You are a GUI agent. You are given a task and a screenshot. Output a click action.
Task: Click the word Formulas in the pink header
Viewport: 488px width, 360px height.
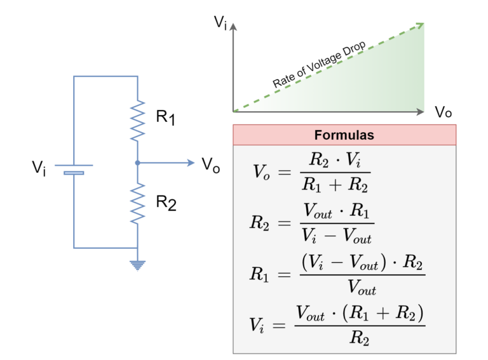coord(344,135)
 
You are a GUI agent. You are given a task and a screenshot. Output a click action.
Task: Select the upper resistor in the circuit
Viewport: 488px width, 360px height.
coord(137,121)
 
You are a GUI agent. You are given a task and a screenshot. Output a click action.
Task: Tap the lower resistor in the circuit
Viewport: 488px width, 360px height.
coord(137,203)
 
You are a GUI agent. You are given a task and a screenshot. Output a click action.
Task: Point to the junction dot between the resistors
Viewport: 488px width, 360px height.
coord(137,163)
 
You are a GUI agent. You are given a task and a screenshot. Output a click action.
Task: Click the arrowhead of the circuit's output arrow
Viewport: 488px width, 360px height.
coord(191,163)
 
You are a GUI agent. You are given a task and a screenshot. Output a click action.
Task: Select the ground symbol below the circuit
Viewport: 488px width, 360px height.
coord(137,265)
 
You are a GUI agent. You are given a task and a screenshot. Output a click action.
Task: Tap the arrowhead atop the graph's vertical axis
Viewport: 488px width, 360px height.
coord(233,27)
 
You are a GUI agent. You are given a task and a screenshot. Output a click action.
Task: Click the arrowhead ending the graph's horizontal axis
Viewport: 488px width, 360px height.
coord(420,112)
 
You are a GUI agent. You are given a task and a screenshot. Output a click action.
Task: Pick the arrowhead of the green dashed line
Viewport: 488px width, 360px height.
coord(419,25)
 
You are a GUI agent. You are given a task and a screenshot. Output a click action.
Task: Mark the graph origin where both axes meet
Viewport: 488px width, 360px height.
coord(234,112)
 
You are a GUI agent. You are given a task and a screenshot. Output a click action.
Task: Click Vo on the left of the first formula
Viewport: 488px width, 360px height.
coord(261,172)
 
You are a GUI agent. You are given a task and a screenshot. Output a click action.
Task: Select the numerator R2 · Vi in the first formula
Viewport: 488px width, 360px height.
coord(335,159)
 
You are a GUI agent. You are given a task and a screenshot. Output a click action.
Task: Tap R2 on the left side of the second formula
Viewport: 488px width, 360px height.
coord(260,223)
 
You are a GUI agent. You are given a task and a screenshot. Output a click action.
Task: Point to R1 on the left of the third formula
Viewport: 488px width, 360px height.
coord(260,274)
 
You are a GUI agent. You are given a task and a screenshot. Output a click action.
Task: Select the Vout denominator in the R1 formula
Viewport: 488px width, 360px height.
coord(362,289)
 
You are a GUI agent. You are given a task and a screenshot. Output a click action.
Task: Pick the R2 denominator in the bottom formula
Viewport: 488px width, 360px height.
coord(360,338)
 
